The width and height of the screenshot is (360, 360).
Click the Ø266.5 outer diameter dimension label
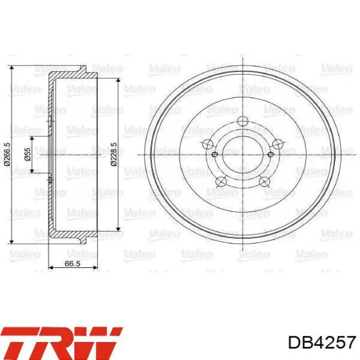[7, 154]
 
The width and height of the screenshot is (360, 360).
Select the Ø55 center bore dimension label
[27, 154]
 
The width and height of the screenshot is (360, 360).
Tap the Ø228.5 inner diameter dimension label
[114, 154]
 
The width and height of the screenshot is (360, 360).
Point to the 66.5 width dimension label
[73, 263]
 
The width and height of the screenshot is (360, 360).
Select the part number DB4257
[322, 343]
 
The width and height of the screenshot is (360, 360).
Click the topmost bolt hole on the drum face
[243, 121]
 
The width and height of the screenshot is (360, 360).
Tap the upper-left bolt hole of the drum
[208, 144]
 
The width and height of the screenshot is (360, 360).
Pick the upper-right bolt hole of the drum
[278, 144]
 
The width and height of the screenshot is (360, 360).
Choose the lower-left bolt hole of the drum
[221, 182]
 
